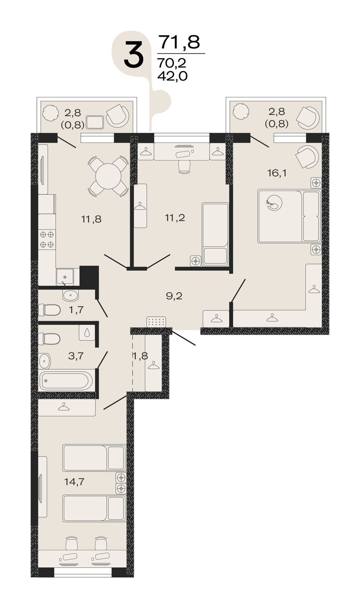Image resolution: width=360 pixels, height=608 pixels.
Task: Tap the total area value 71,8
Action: pyautogui.click(x=180, y=42)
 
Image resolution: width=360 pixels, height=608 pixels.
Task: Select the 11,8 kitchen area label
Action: pyautogui.click(x=91, y=218)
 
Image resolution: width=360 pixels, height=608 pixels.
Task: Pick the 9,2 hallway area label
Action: pyautogui.click(x=174, y=296)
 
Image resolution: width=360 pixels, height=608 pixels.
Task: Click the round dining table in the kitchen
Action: pyautogui.click(x=108, y=176)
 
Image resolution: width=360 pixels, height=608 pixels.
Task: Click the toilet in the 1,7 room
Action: pyautogui.click(x=49, y=310)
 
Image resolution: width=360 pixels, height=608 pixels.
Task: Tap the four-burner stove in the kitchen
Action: pyautogui.click(x=47, y=239)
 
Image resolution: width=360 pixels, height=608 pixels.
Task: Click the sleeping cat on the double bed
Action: pyautogui.click(x=274, y=202)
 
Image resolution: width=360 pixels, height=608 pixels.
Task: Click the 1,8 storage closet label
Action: pyautogui.click(x=140, y=356)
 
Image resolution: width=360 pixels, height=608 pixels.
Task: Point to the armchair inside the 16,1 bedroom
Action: pyautogui.click(x=307, y=157)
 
